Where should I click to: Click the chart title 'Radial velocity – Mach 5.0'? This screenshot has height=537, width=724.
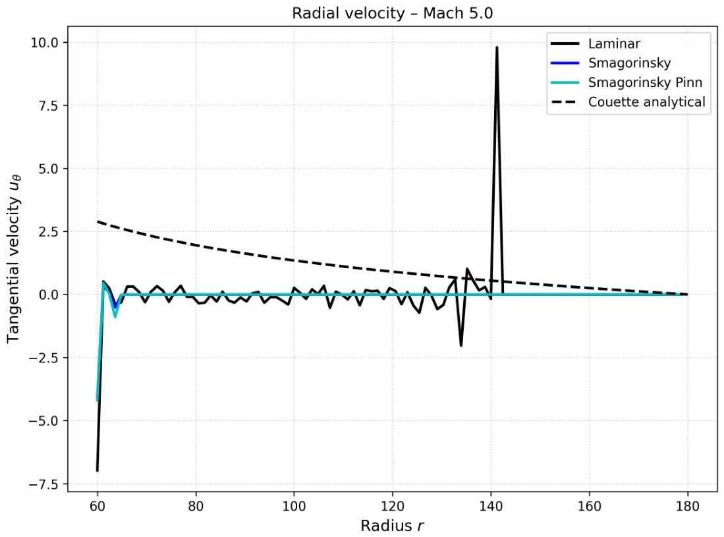tap(392, 13)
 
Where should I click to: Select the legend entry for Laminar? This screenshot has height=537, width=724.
tap(595, 43)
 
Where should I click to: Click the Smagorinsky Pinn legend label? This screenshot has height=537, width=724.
tap(645, 82)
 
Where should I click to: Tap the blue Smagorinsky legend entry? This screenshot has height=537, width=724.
tap(611, 63)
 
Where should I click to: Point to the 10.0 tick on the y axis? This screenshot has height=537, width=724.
tap(44, 42)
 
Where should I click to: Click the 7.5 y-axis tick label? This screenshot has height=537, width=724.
tap(48, 105)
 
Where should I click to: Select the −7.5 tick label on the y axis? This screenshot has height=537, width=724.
tap(44, 484)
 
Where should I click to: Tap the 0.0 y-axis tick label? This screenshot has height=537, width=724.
tap(48, 295)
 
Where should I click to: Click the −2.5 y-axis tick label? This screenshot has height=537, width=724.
tap(44, 358)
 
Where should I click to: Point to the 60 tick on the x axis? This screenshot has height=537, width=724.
tap(97, 506)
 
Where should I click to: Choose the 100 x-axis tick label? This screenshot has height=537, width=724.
tap(294, 506)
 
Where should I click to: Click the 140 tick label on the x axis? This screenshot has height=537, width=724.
tap(491, 506)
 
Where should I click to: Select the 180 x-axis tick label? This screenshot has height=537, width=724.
tap(688, 506)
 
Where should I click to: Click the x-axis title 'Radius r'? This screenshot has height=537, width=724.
tap(392, 525)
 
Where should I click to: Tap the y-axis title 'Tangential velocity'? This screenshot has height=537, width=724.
tap(13, 269)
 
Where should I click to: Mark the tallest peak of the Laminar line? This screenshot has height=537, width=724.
tap(497, 47)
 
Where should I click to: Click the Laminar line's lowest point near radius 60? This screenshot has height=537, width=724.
tap(97, 470)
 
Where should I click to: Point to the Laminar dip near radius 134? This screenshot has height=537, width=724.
tap(460, 345)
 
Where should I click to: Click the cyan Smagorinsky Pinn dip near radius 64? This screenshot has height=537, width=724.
tap(115, 317)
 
